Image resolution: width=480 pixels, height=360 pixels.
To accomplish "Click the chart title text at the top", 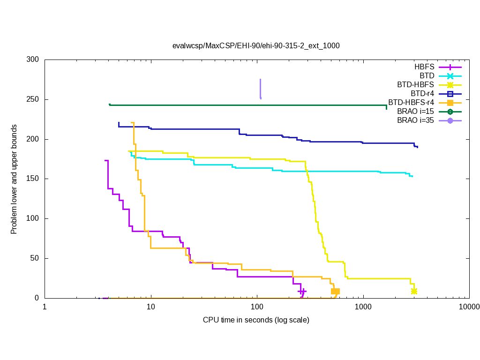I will coord(256,46).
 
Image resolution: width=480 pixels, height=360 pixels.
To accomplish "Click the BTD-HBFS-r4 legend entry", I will coord(411,103).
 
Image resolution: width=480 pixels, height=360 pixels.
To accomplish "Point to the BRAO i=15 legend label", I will coord(415,112).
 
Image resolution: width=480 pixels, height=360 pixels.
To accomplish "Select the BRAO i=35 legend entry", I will coord(415,120).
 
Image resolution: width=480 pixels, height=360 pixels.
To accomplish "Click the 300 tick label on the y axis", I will coord(33,60).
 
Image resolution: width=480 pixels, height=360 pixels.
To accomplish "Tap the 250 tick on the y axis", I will coord(33,100).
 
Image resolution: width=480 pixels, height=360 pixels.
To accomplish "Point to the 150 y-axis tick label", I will coord(33,179).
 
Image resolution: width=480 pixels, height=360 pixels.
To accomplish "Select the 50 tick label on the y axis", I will coord(35,258).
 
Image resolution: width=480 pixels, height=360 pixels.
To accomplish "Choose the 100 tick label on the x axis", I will coord(257,307).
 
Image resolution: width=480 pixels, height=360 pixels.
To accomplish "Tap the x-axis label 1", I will coord(45,307).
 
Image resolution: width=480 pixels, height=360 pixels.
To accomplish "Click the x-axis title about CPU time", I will coord(256,320).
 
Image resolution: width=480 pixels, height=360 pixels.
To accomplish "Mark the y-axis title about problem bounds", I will coord(15,180).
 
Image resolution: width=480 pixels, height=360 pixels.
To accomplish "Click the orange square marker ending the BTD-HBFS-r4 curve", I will coord(335,291).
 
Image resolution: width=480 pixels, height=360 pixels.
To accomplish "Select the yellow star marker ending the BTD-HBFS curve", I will coord(414,291).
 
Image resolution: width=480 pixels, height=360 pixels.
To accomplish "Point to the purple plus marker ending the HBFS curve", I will coord(302,292).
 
